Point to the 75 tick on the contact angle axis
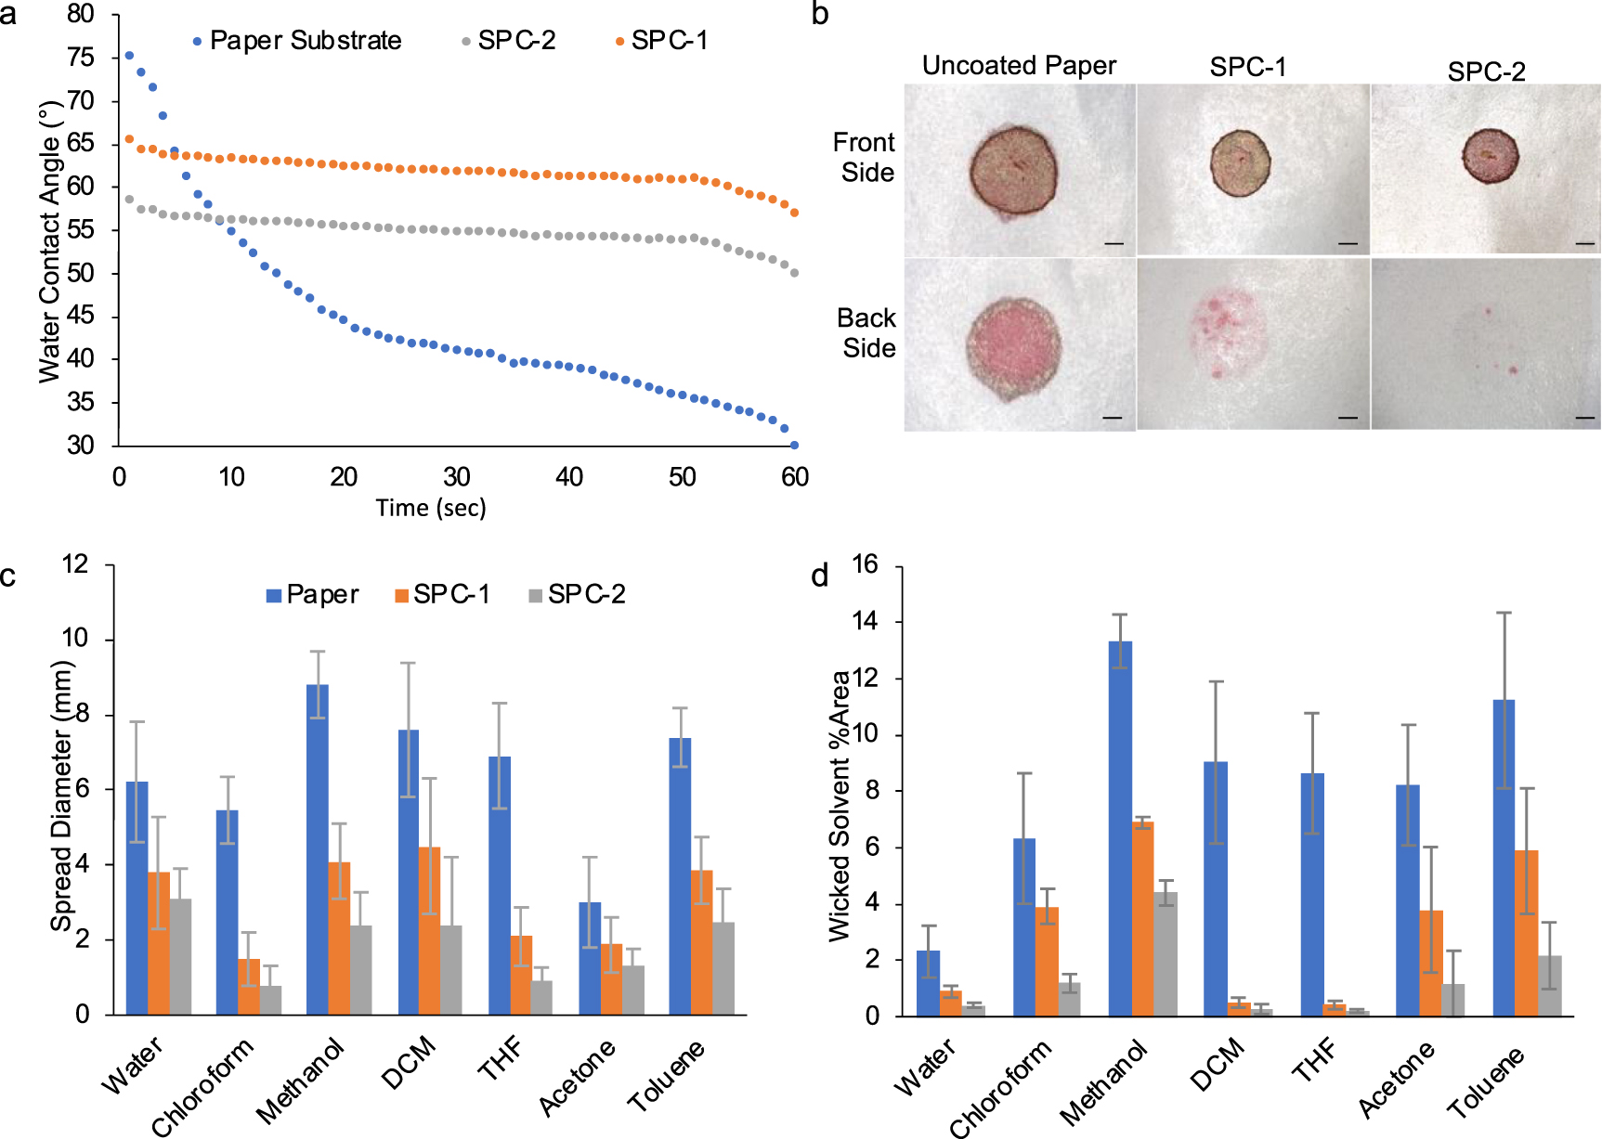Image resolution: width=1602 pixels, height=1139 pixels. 81,58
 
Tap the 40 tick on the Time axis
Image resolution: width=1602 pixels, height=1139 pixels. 569,477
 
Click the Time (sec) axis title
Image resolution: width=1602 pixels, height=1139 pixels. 431,508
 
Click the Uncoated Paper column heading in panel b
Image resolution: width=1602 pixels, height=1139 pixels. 1019,66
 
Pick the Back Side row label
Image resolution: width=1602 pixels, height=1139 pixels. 867,333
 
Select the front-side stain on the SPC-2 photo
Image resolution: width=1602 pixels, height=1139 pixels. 1491,155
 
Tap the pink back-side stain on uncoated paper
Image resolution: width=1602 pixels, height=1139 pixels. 1013,345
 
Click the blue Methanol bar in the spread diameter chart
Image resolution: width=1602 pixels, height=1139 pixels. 318,848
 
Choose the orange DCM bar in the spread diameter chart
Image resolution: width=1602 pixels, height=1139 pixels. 429,930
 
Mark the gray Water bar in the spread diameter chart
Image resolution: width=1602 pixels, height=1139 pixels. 180,956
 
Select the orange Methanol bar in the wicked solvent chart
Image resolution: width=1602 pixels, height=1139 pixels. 1142,918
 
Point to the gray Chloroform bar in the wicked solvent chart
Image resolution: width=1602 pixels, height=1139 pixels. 1070,999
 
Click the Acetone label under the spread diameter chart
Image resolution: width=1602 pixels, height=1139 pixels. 577,1077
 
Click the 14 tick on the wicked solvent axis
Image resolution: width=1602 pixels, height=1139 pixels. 865,622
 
